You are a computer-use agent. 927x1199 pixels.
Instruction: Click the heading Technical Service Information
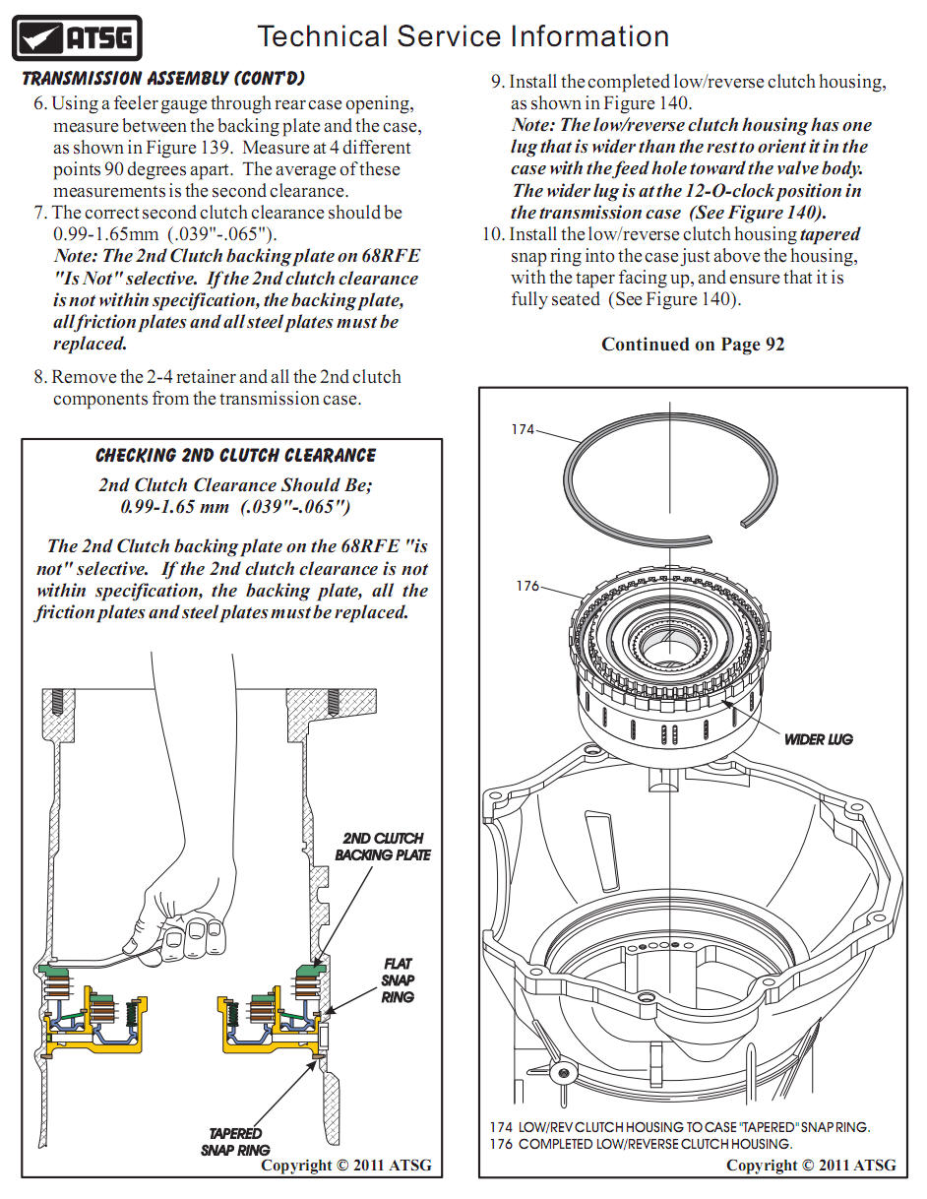(x=463, y=37)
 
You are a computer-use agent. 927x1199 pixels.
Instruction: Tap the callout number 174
(x=523, y=429)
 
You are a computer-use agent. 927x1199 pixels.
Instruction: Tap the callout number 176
(x=527, y=586)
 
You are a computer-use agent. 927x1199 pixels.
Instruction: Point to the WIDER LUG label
(x=818, y=739)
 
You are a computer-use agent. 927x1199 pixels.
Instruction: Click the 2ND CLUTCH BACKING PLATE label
(x=383, y=847)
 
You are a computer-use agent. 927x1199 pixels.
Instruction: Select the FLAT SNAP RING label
(x=398, y=980)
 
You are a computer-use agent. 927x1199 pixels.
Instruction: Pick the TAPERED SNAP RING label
(x=235, y=1141)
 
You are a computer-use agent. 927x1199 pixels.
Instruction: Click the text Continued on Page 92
(x=693, y=345)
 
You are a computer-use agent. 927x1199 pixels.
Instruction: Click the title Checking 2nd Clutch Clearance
(x=235, y=456)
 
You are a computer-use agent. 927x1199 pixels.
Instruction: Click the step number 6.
(x=39, y=104)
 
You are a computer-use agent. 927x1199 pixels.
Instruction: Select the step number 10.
(x=492, y=234)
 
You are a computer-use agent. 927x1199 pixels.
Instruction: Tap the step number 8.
(x=39, y=377)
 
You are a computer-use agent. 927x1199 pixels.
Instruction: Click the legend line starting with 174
(x=679, y=1127)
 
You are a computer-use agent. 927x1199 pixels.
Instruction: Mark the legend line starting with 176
(x=641, y=1144)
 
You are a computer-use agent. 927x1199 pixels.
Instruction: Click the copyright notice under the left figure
(x=345, y=1166)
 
